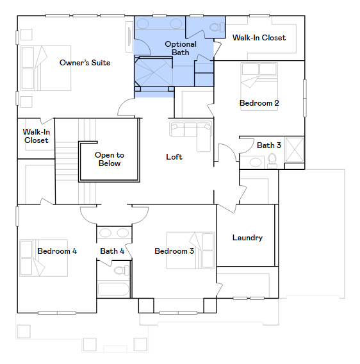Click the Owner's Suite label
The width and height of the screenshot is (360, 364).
[85, 63]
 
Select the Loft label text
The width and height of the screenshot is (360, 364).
[174, 157]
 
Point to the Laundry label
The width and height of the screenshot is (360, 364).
[247, 238]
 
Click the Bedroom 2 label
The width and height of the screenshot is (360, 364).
[259, 103]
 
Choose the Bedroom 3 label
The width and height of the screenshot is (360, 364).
[174, 251]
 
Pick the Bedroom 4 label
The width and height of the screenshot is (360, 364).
[57, 251]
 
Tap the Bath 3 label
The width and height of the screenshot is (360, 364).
[269, 145]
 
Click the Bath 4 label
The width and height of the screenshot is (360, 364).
[112, 251]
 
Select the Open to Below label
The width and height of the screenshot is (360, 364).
[110, 159]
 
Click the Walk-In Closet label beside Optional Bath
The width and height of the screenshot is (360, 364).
[259, 38]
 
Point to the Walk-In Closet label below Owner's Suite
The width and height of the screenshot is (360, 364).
[37, 136]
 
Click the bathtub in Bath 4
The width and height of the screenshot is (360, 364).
[113, 281]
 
